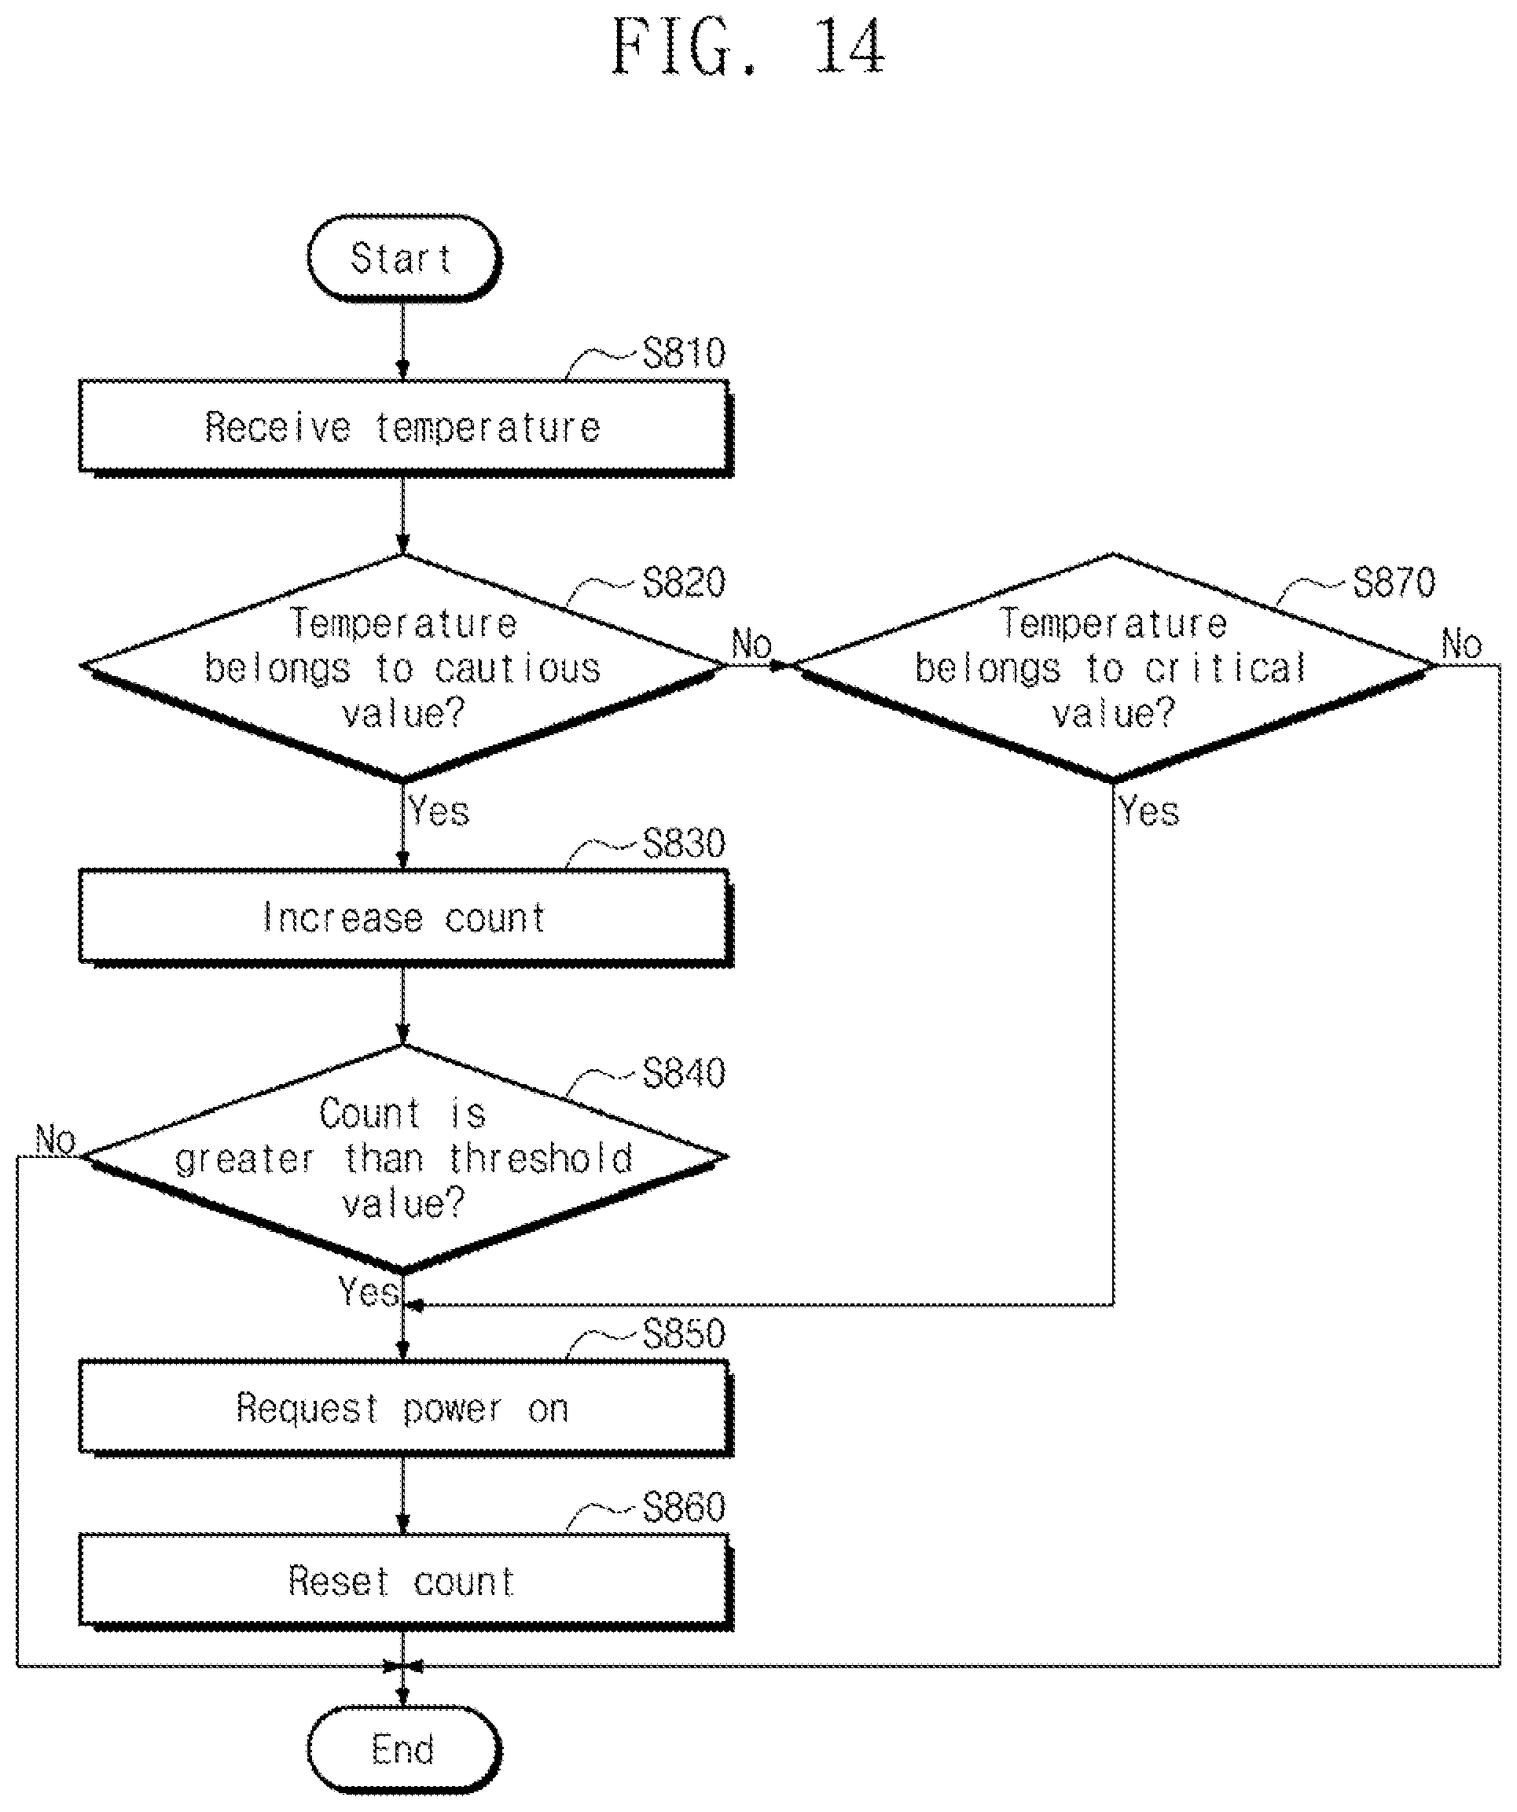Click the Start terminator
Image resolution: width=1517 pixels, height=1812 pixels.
[404, 258]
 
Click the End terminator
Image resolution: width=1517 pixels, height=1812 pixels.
[404, 1749]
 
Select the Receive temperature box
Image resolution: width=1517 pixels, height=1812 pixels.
[406, 428]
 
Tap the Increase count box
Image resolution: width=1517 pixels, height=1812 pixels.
[406, 918]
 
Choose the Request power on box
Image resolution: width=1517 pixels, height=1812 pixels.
[406, 1408]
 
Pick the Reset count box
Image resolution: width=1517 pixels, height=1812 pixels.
[406, 1582]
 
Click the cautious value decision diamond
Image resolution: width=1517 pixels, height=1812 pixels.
[404, 667]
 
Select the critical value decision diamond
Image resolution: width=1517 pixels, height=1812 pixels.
[1113, 667]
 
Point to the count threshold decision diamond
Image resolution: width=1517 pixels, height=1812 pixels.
[404, 1158]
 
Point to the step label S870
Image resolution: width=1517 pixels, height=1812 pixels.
[1394, 583]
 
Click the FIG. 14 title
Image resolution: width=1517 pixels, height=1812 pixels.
[749, 46]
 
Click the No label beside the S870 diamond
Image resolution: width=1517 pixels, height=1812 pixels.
[1462, 645]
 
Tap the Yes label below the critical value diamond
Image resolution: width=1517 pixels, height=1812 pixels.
[1149, 812]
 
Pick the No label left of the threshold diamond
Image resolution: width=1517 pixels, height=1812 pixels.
[56, 1141]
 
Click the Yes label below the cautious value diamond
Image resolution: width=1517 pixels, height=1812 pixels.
[439, 812]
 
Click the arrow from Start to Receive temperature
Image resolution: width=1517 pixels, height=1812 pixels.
[403, 341]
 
